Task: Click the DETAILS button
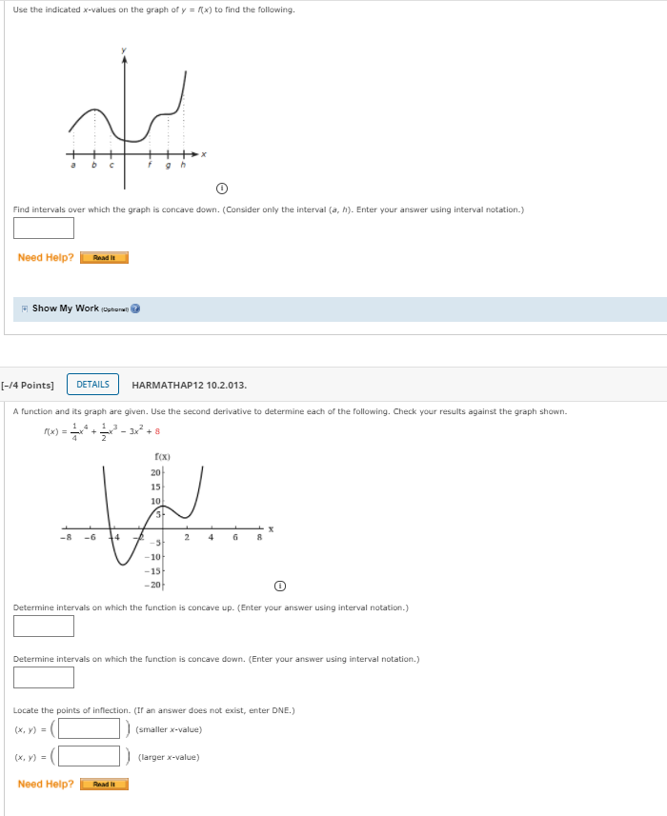pos(92,385)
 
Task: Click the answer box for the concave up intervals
pos(44,626)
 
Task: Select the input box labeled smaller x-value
pos(90,729)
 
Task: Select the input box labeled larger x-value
pos(90,757)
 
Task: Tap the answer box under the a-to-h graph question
pos(44,229)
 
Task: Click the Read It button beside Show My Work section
pos(104,258)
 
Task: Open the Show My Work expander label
pos(65,308)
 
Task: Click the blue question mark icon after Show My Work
pos(135,308)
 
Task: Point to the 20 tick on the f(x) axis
pos(155,472)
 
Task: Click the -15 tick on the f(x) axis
pos(153,570)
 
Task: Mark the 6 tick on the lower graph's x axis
pos(234,538)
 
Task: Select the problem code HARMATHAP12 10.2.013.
pos(189,386)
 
